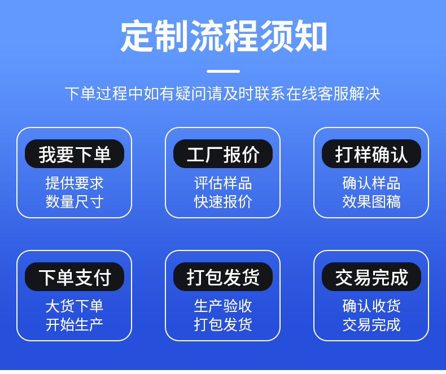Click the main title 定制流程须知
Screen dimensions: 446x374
coord(224,36)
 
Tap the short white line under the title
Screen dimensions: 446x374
coord(224,71)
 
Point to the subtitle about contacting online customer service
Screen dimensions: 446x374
coord(222,94)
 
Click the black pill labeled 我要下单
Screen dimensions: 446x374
coord(75,154)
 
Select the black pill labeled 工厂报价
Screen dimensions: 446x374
coord(223,154)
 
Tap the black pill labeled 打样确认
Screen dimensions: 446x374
coord(371,154)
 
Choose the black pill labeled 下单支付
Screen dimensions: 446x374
coord(75,276)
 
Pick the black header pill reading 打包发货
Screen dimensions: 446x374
coord(223,276)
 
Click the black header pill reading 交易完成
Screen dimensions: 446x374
coord(371,276)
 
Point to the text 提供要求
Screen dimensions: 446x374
coord(75,183)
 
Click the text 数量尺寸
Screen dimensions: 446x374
coord(75,201)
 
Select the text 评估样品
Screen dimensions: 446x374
coord(223,183)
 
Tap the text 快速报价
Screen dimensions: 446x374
coord(223,201)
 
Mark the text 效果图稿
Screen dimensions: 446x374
coord(371,201)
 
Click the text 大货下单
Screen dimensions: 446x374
coord(75,306)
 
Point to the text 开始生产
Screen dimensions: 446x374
coord(75,324)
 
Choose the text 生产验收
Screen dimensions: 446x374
coord(223,306)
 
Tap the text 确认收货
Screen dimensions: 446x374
coord(371,306)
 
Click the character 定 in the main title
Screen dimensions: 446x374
coord(137,36)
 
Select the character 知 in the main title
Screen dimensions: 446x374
coord(311,36)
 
